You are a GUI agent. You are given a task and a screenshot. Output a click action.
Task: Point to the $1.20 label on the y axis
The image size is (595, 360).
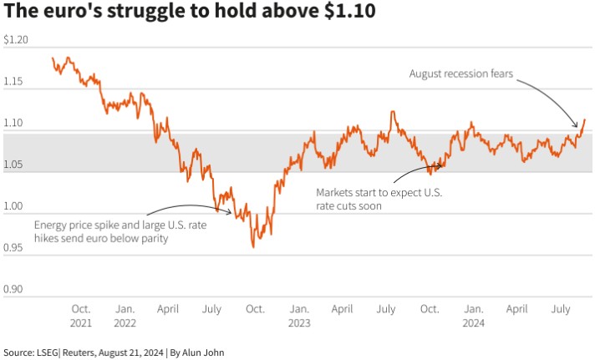click(16, 39)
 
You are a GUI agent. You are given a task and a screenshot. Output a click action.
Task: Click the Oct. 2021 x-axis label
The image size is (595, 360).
click(81, 316)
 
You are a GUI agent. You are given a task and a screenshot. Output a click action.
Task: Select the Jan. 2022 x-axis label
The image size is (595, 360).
click(125, 316)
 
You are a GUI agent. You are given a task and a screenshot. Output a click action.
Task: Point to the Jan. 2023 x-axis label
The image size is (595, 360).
click(299, 316)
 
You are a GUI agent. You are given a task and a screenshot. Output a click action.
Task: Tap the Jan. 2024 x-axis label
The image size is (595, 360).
click(473, 316)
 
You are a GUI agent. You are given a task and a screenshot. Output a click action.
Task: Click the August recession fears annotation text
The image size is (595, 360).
click(461, 74)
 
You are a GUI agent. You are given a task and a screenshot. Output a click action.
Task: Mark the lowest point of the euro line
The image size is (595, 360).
click(253, 247)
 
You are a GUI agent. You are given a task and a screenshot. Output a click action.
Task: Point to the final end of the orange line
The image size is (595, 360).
click(585, 119)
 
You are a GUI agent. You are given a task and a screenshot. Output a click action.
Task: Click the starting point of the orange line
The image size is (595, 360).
click(53, 58)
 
